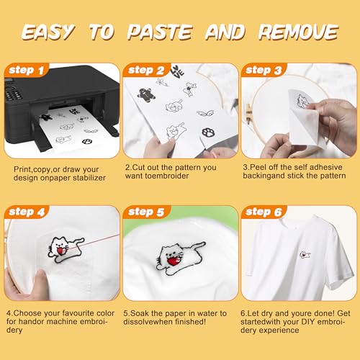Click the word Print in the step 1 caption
tap(23, 168)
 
